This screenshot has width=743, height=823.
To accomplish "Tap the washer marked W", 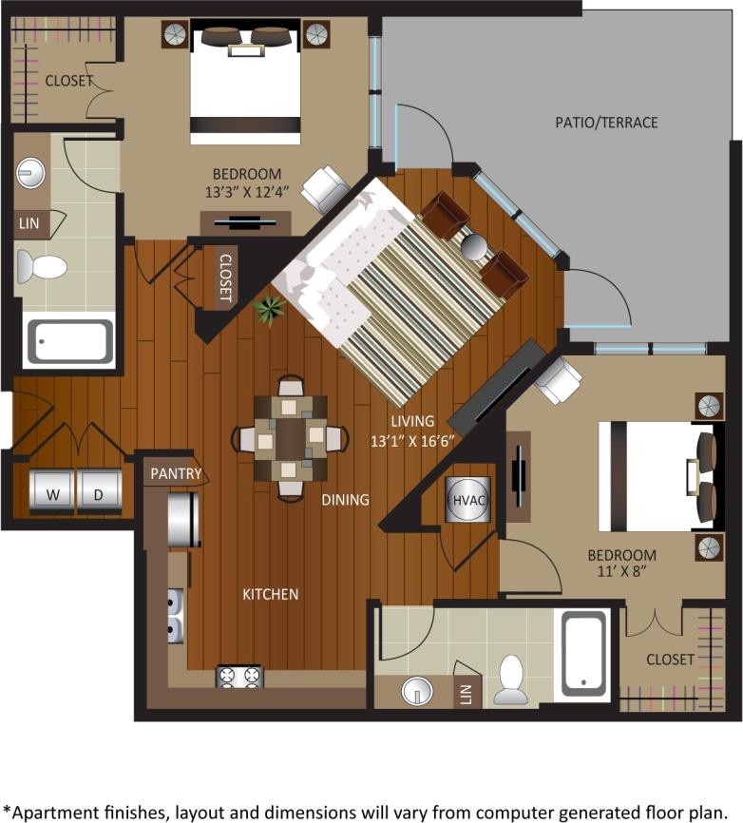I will [52, 491].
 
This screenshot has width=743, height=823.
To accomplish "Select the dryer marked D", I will [99, 491].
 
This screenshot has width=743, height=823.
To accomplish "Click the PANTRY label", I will [175, 472].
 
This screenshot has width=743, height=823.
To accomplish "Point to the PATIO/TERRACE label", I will [606, 123].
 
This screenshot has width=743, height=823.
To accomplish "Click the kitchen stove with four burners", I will [239, 677].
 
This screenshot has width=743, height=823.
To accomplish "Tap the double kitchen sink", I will [176, 615].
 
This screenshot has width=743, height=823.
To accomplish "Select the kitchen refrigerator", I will [183, 519].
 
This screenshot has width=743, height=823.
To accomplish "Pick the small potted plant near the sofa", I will [271, 308].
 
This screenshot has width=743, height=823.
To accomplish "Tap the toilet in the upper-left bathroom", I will [42, 267].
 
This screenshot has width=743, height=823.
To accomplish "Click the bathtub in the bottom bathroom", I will [584, 653].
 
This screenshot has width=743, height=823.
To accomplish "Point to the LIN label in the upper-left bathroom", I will [29, 224].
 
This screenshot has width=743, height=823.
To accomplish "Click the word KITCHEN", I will [271, 594].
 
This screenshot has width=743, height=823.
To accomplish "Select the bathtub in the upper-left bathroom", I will [69, 341].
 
